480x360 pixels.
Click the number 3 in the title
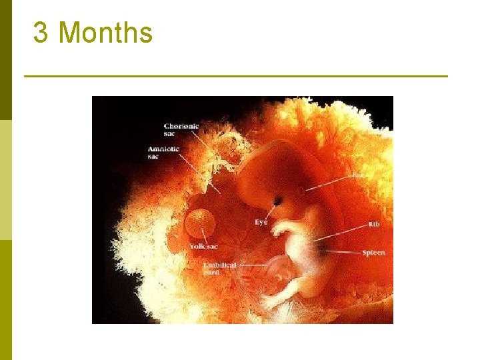41,33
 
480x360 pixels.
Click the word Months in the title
105,33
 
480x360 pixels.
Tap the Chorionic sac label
181,129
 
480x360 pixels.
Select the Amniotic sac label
163,152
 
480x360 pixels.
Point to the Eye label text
261,222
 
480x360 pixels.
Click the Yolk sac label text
203,247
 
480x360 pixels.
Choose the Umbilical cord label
220,269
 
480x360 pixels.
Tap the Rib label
373,225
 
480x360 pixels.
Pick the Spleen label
373,253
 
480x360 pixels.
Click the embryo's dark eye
277,200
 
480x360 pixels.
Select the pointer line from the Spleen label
343,252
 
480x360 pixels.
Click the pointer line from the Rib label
340,231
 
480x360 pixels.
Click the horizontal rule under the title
236,76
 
